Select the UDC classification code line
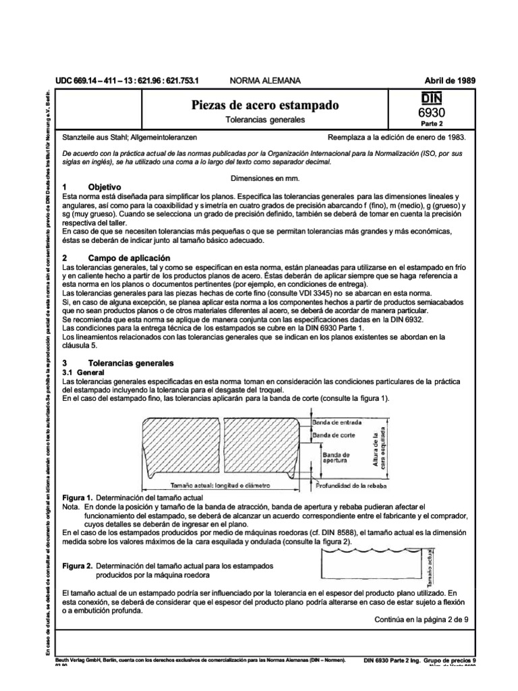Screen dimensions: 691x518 click(127, 80)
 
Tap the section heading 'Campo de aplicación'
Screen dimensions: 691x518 click(129, 258)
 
